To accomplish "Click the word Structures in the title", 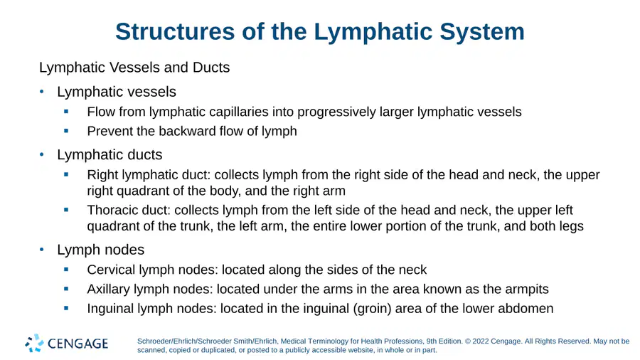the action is coord(175,31).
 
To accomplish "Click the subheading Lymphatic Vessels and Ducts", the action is coord(134,68).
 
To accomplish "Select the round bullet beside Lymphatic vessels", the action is coord(42,92).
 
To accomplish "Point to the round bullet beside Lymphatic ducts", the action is coord(42,154).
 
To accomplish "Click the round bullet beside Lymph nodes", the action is coord(42,250).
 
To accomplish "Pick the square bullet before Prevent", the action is coord(66,131).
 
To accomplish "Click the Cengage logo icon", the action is coord(34,343).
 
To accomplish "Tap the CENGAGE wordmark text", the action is coord(78,344).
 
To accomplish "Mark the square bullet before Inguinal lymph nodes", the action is coord(66,308).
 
